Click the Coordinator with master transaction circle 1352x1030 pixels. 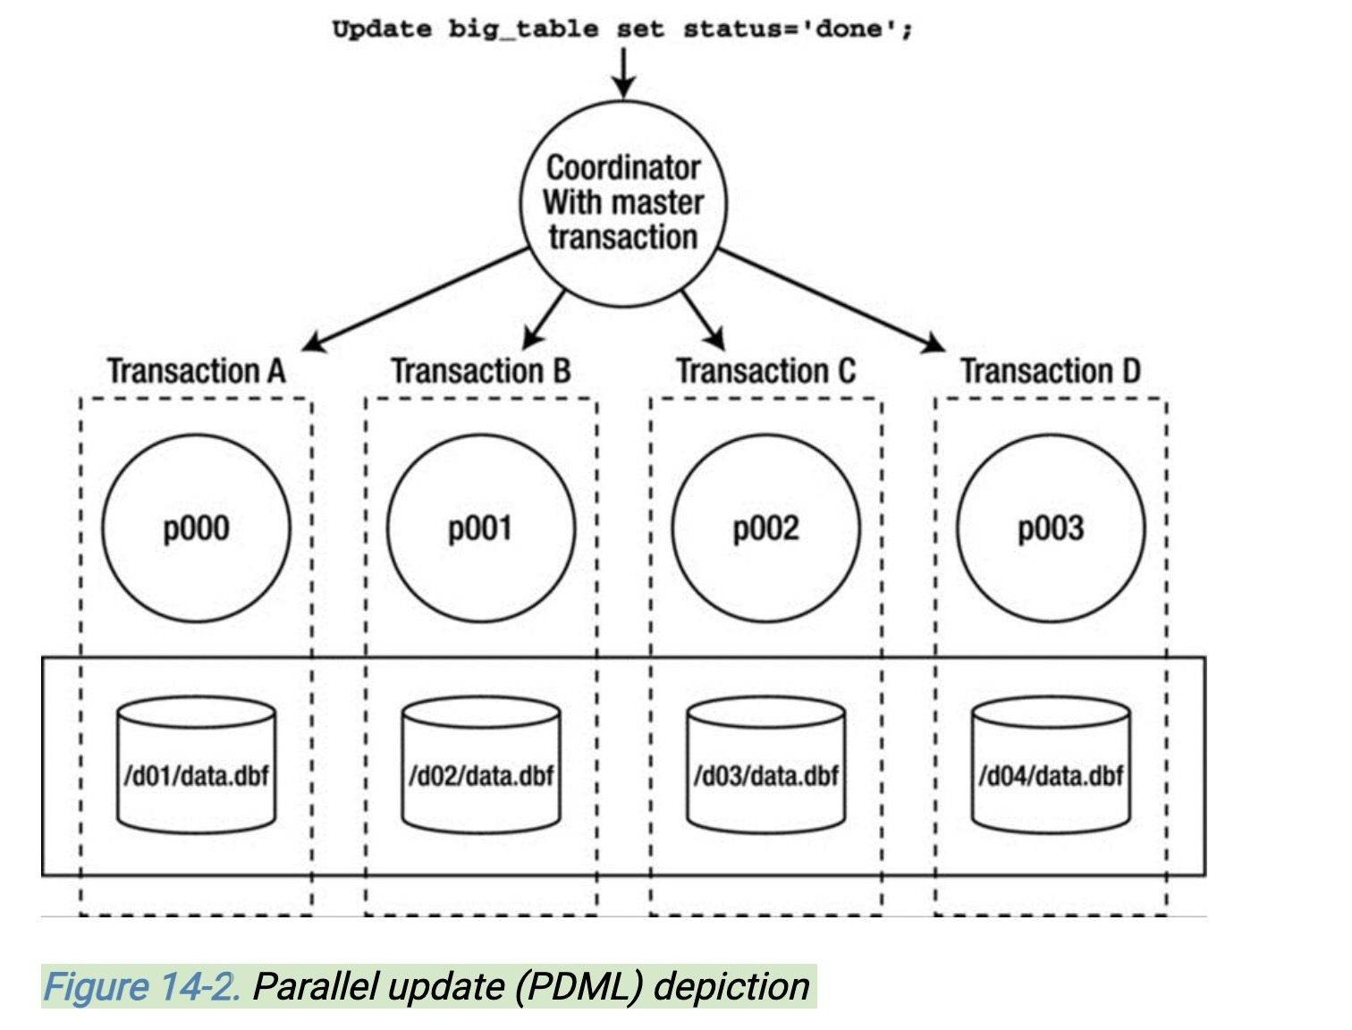[x=623, y=204]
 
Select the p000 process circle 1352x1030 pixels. [x=197, y=528]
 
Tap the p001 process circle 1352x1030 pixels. [x=481, y=528]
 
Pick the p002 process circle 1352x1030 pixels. [x=765, y=528]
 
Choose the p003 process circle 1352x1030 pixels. [x=1051, y=528]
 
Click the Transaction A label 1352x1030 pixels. [x=197, y=371]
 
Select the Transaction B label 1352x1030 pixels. [x=481, y=371]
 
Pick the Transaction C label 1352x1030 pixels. [x=765, y=371]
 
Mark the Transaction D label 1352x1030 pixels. [x=1051, y=371]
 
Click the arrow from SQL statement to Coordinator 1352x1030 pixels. [x=623, y=72]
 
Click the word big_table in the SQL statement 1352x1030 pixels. [x=523, y=30]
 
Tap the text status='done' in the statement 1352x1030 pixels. [x=798, y=30]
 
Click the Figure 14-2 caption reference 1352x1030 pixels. [x=141, y=986]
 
